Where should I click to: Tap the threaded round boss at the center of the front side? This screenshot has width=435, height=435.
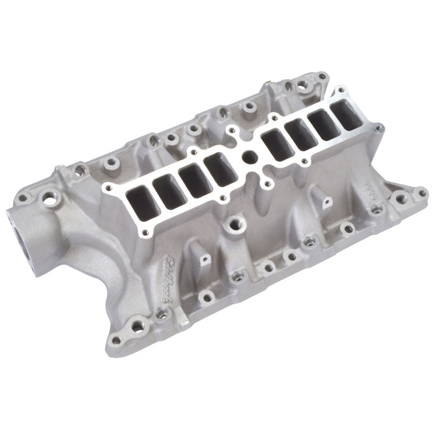[236, 221]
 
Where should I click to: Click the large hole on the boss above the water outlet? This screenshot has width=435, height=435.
[48, 200]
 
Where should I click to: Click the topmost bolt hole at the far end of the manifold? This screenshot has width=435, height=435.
[322, 77]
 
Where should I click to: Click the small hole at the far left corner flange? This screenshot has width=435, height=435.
[23, 198]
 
